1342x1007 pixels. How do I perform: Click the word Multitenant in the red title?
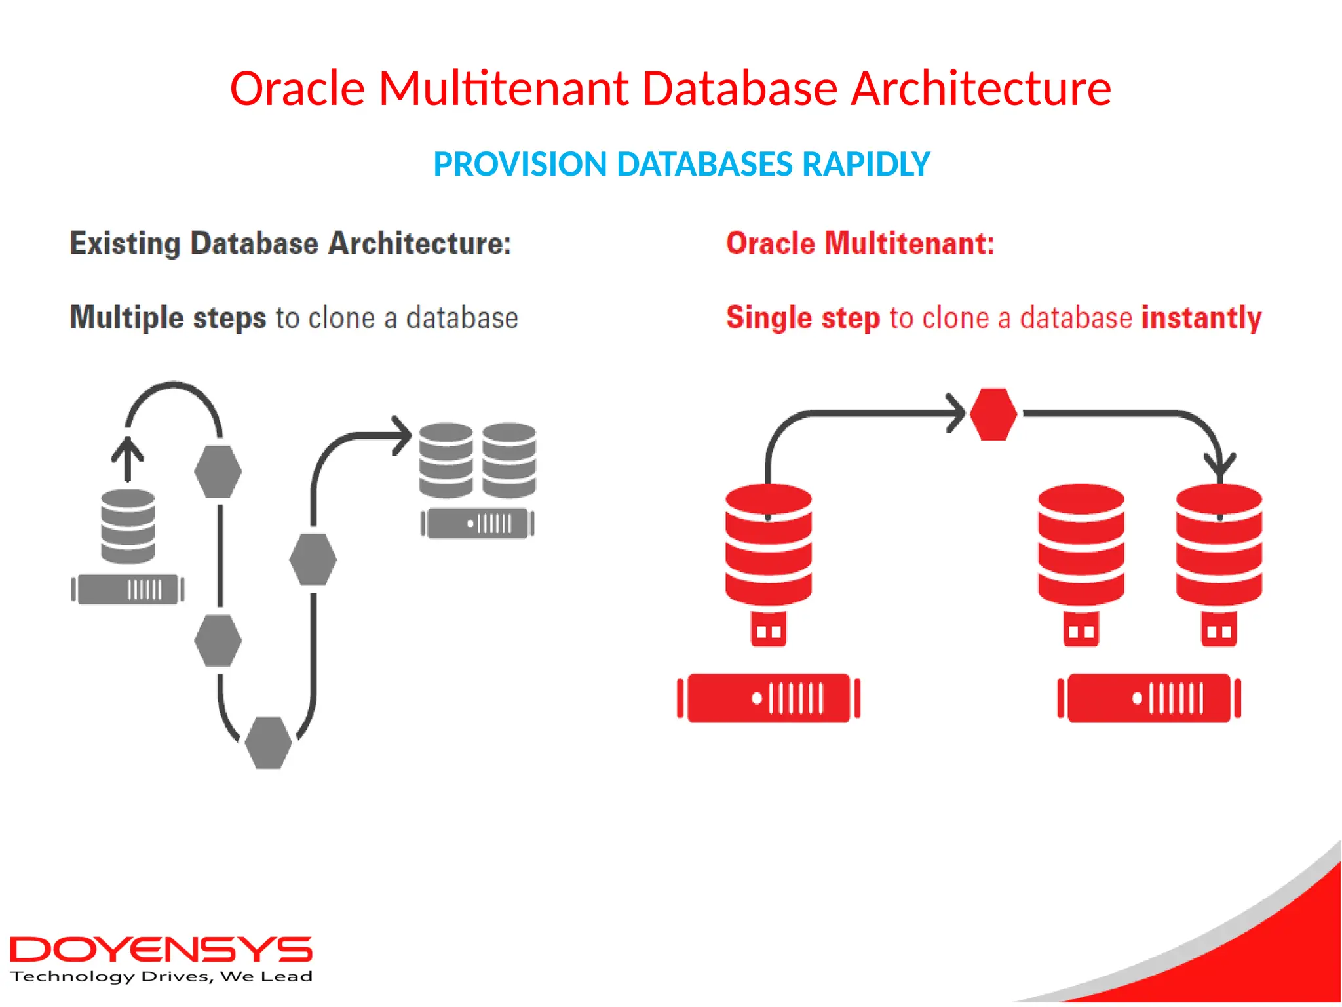point(503,89)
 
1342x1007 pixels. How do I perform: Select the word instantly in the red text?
point(1201,318)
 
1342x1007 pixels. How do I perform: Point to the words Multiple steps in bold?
point(168,318)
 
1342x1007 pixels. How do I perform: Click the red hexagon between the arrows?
point(993,414)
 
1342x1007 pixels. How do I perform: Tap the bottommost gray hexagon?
point(268,742)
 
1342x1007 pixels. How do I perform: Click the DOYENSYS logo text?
point(161,950)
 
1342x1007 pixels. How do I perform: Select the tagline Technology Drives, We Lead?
point(161,977)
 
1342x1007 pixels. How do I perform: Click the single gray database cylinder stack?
point(128,526)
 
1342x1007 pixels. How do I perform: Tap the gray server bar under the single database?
point(128,589)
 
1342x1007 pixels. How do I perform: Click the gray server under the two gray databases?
point(477,524)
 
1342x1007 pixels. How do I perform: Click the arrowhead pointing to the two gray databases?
point(402,435)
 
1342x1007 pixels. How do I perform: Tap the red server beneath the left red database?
point(768,698)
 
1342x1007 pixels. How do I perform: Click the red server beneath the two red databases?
point(1149,698)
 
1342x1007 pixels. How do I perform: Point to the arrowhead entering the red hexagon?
point(957,413)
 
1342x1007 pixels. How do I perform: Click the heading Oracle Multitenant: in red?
point(860,244)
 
